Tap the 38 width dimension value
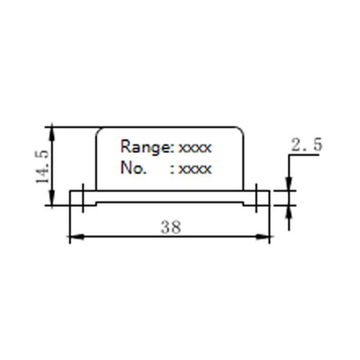point(170,227)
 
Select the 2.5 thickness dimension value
point(307,145)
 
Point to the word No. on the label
point(133,168)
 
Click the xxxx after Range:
point(195,148)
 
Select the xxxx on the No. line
point(195,169)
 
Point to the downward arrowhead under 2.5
point(289,184)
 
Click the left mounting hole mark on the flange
point(83,198)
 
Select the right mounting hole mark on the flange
point(256,198)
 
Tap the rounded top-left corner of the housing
point(100,130)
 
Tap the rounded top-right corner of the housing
point(241,130)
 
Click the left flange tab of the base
point(76,198)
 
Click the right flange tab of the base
point(263,198)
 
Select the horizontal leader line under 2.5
point(303,155)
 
